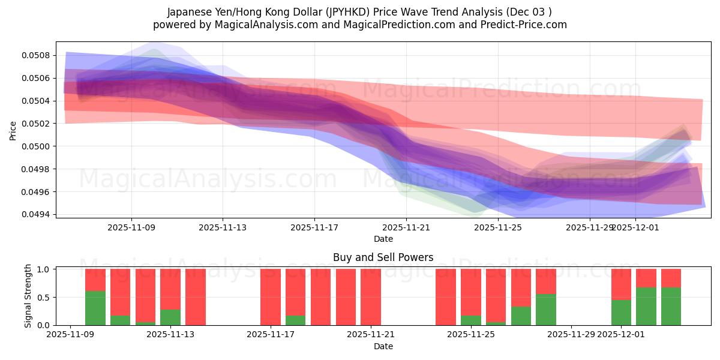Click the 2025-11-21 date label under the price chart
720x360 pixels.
[406, 227]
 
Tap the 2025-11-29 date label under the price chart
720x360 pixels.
[590, 227]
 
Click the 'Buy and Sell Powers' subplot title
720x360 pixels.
[383, 257]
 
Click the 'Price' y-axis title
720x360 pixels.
[13, 130]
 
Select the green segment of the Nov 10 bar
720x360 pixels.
[95, 308]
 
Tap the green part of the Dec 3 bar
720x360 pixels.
[671, 306]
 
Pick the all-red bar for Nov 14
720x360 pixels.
[196, 297]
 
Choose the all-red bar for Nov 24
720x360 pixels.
[446, 297]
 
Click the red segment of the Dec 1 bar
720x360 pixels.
[621, 284]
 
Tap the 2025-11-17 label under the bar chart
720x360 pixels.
[271, 334]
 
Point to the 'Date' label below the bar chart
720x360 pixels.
[383, 346]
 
